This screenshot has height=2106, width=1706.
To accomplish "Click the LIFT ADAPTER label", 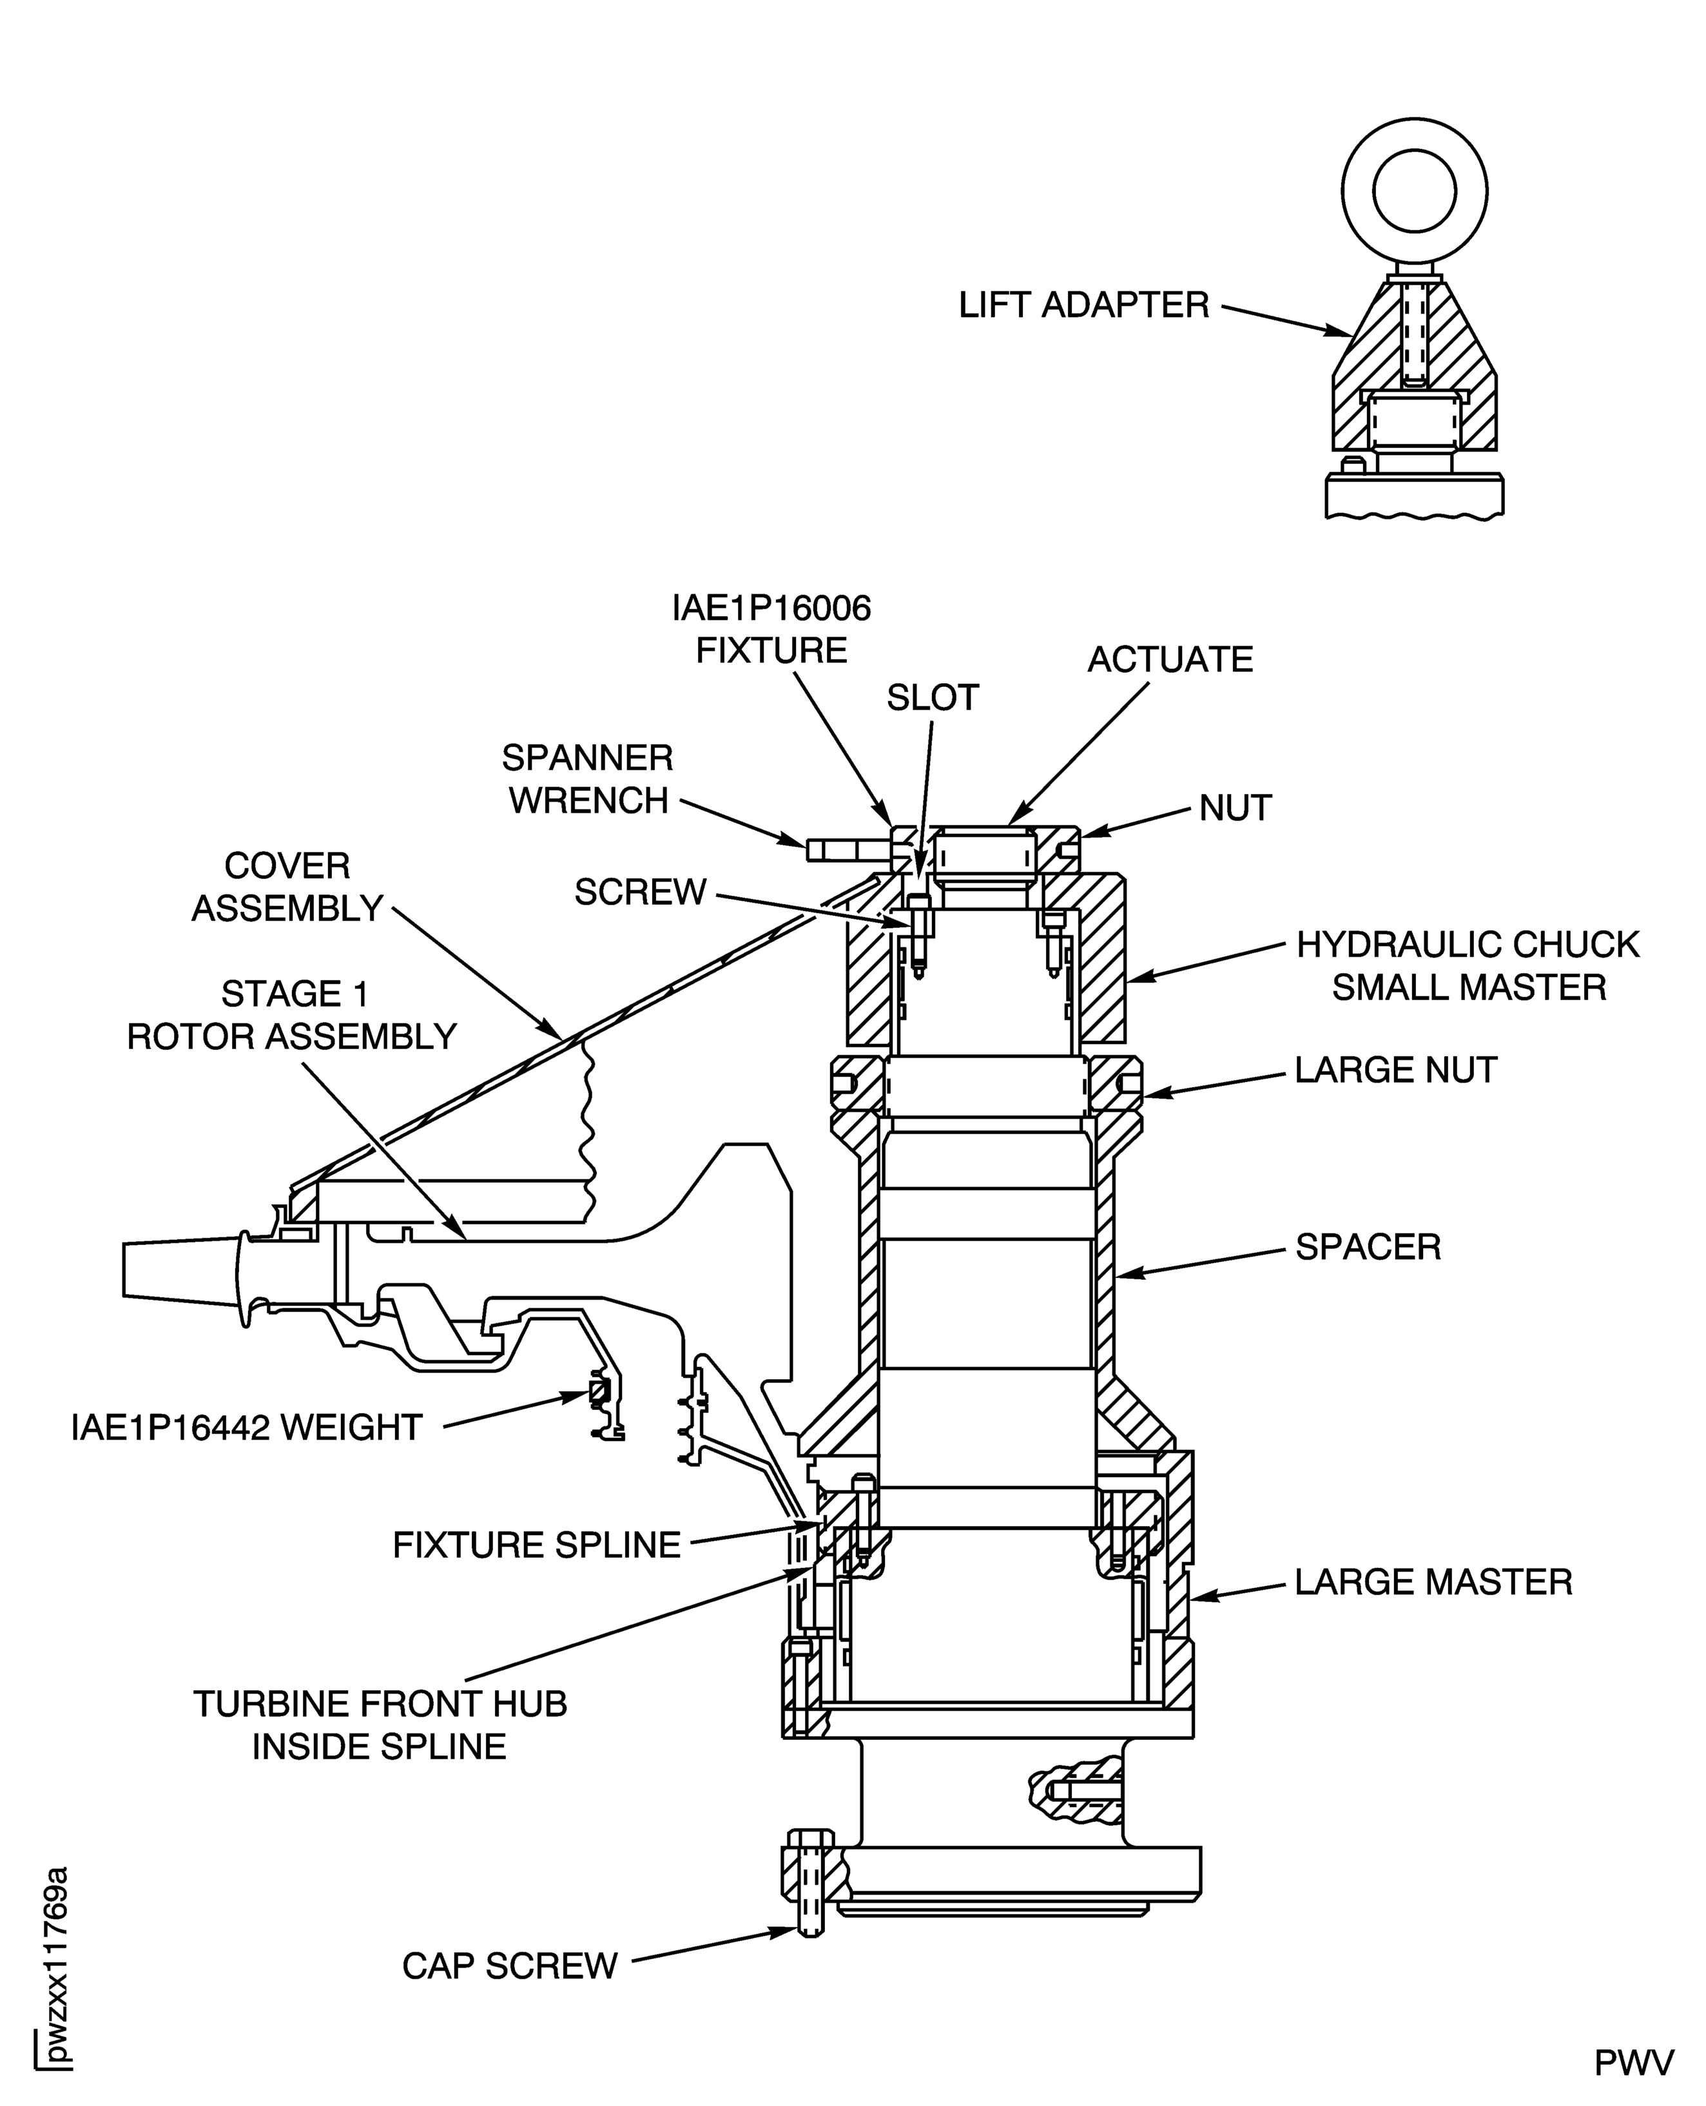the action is pyautogui.click(x=1084, y=305).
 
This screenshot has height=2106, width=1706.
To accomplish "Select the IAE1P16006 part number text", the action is pyautogui.click(x=771, y=609).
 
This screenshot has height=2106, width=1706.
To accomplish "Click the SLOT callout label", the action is pyautogui.click(x=933, y=698).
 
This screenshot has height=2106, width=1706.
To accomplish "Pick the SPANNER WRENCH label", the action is pyautogui.click(x=588, y=779).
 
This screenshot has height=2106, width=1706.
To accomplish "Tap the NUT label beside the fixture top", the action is pyautogui.click(x=1236, y=809).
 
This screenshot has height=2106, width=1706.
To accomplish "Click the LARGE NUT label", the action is pyautogui.click(x=1395, y=1070).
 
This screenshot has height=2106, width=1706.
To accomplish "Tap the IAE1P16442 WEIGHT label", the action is pyautogui.click(x=247, y=1428).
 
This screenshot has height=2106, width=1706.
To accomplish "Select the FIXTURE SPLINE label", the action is pyautogui.click(x=537, y=1546).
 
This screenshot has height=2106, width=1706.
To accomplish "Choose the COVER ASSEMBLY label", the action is pyautogui.click(x=287, y=887).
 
